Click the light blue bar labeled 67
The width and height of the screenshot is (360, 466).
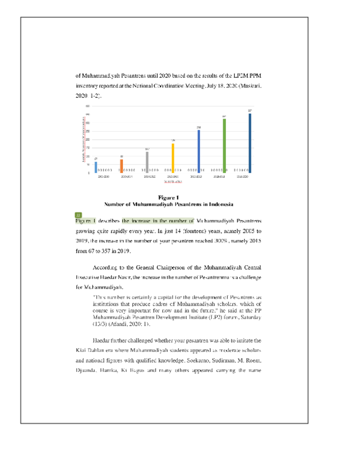(96, 167)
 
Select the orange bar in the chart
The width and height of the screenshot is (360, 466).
(121, 166)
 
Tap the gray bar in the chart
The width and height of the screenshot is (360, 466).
(147, 162)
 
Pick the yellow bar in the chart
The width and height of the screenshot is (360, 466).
(173, 158)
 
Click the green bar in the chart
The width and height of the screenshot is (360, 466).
(224, 145)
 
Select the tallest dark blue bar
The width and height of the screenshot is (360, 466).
(250, 142)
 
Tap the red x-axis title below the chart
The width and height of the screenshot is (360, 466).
(173, 181)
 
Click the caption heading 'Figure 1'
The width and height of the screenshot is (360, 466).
(169, 198)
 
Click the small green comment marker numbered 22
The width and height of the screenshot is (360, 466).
(78, 214)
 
